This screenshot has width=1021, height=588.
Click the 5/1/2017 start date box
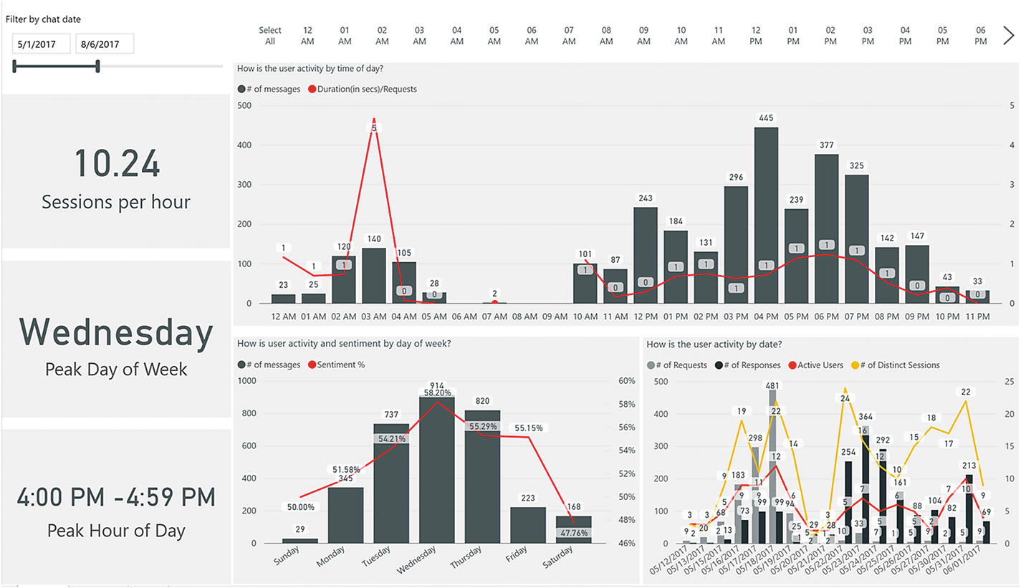click(x=41, y=44)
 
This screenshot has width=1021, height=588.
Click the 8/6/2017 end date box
click(x=105, y=44)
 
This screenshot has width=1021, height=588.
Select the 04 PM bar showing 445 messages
click(x=766, y=215)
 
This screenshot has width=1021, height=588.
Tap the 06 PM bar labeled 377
click(x=826, y=228)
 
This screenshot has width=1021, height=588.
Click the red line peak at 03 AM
click(x=373, y=120)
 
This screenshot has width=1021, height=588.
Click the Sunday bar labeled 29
click(x=294, y=540)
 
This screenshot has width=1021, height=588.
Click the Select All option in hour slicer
click(x=270, y=36)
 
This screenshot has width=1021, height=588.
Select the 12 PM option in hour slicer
click(x=756, y=36)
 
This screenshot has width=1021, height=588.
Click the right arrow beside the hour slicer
click(x=1009, y=35)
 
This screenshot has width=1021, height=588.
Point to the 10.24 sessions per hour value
click(x=117, y=163)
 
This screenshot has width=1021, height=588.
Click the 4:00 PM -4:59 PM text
click(x=116, y=496)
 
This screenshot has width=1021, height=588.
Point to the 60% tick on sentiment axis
click(x=627, y=381)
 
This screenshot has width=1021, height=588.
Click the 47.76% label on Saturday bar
click(x=572, y=533)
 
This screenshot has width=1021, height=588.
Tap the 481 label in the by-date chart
click(x=773, y=384)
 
